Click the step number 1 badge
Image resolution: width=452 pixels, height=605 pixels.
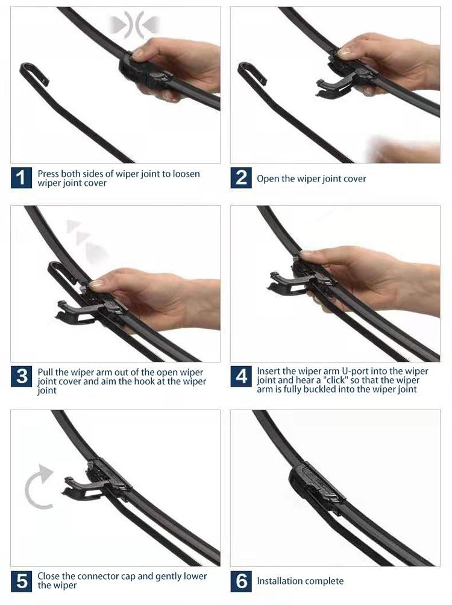click(21, 178)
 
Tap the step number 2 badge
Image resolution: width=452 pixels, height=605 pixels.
click(241, 178)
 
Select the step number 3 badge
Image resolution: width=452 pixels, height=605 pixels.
click(21, 377)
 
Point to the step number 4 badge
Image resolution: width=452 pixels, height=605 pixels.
click(241, 377)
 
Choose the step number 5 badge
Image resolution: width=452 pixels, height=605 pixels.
click(21, 581)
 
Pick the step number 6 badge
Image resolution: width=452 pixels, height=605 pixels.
click(241, 581)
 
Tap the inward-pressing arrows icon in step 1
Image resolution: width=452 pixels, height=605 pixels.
click(134, 25)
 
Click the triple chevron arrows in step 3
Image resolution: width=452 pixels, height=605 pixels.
click(81, 238)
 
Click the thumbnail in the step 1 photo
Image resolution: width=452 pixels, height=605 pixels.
click(138, 54)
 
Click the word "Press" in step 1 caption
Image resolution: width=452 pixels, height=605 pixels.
click(49, 174)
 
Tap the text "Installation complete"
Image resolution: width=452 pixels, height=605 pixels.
click(300, 581)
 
